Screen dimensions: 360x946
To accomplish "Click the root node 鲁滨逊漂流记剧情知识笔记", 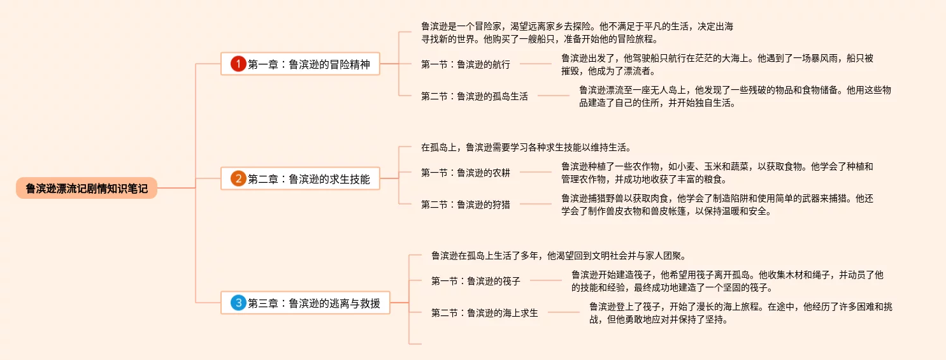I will (x=87, y=189).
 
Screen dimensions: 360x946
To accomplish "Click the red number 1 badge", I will (x=238, y=64).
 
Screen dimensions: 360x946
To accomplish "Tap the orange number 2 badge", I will (x=238, y=179).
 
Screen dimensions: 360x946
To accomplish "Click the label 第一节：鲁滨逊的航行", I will (x=466, y=64).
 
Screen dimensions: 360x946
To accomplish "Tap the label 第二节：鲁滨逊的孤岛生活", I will (x=475, y=96).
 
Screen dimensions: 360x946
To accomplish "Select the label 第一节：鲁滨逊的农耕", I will (x=466, y=172).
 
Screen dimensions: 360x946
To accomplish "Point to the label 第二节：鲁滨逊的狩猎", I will (x=466, y=204).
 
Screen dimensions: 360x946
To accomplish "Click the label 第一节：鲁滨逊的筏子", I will (x=476, y=280).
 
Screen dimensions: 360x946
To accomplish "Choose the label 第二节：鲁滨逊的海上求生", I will (x=485, y=312).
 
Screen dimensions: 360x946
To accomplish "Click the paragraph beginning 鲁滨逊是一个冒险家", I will (x=577, y=32).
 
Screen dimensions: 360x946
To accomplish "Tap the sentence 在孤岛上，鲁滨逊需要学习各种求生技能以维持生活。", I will (x=526, y=148).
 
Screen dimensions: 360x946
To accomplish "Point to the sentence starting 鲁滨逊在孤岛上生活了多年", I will (x=558, y=256).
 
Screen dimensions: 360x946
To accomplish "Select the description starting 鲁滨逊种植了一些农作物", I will (x=717, y=173).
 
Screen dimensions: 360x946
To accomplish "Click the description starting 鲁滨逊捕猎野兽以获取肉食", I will (x=717, y=205).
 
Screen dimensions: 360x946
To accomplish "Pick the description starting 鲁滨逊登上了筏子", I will (x=740, y=313).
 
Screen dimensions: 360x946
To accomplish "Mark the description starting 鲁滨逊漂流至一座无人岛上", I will (x=734, y=96).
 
